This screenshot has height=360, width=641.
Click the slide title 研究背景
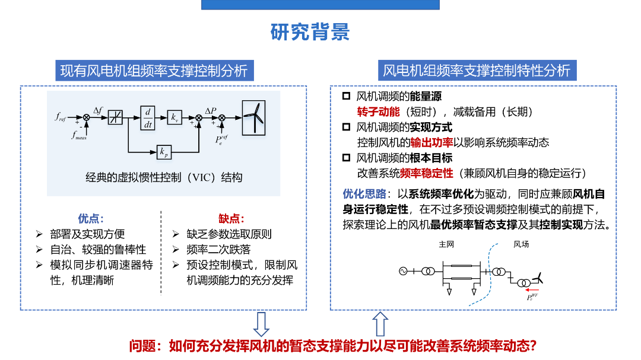[x=310, y=31]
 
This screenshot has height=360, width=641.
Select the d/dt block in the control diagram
[x=148, y=117]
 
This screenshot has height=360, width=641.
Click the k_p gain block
[x=164, y=152]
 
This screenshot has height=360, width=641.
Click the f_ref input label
[x=61, y=118]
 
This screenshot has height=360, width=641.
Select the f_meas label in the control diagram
[x=80, y=136]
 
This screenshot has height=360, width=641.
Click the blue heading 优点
[x=91, y=218]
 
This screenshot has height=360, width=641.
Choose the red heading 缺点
[x=231, y=218]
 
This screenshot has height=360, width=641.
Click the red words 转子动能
[x=376, y=111]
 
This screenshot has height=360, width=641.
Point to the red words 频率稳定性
[x=426, y=173]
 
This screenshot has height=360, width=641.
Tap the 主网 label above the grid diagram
[x=446, y=244]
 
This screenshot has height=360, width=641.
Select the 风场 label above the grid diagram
[x=521, y=244]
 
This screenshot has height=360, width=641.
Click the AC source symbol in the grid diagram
[x=402, y=272]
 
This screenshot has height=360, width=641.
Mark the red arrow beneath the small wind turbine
[x=532, y=290]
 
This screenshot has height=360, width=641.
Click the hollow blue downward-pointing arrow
[x=261, y=324]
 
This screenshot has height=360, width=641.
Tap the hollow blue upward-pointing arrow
[x=380, y=324]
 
